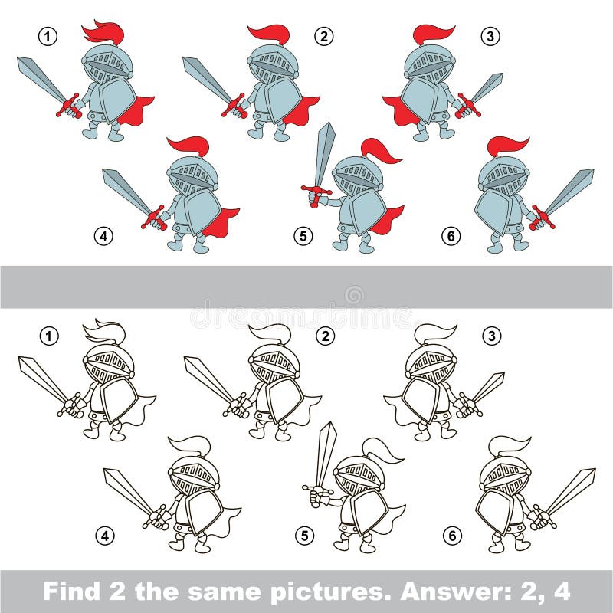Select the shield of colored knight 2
click(x=284, y=99)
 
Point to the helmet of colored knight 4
click(x=193, y=175)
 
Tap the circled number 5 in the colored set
click(x=303, y=236)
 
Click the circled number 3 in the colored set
click(x=489, y=36)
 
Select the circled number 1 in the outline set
click(x=48, y=335)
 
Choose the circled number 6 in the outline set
click(x=452, y=536)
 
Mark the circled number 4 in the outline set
click(x=105, y=535)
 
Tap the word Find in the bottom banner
click(x=74, y=592)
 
